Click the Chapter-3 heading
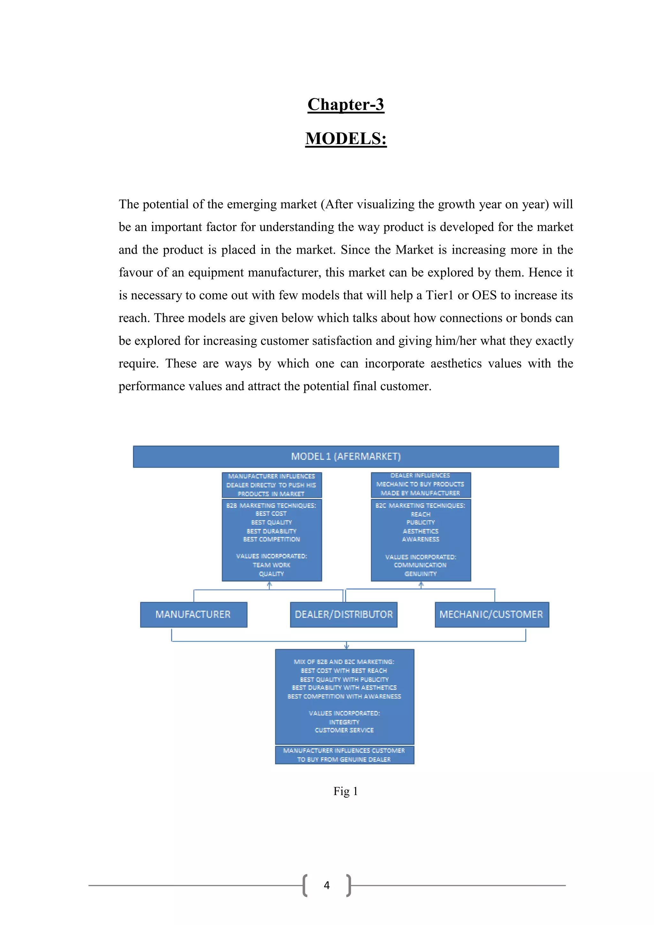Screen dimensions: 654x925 [346, 104]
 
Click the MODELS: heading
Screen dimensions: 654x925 [346, 139]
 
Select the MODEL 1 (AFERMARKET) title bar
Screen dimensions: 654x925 [346, 456]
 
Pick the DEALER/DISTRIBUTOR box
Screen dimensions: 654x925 [344, 615]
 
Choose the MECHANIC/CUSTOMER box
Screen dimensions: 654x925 [491, 615]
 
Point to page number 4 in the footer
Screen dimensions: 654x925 [327, 885]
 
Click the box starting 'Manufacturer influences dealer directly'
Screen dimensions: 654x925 [271, 485]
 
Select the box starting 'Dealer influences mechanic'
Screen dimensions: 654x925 [421, 485]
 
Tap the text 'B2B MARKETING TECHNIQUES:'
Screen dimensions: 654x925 [271, 506]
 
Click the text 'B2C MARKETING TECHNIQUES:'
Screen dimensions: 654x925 [421, 506]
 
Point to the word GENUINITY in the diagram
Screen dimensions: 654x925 [421, 574]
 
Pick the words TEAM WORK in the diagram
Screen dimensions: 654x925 [271, 565]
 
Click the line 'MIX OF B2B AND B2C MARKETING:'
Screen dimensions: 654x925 [344, 661]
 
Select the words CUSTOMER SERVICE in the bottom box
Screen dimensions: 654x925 [344, 730]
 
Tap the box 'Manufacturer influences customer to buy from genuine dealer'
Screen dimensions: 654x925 [344, 755]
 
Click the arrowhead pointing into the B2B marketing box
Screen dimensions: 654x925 [270, 585]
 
